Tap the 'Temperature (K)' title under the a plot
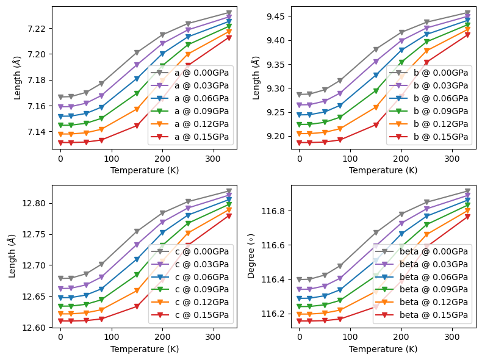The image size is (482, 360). pyautogui.click(x=145, y=170)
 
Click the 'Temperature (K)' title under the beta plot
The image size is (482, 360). pyautogui.click(x=383, y=349)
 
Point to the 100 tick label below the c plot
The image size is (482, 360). pyautogui.click(x=111, y=337)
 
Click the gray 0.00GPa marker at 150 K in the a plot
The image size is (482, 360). pyautogui.click(x=137, y=53)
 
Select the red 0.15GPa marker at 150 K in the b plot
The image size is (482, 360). pyautogui.click(x=376, y=125)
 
